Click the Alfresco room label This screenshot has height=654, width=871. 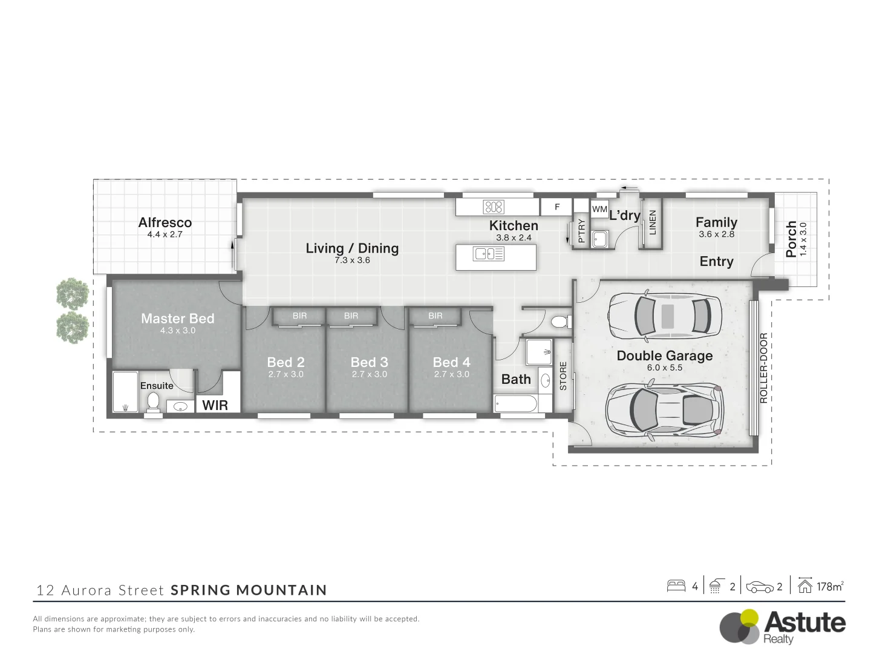tap(165, 223)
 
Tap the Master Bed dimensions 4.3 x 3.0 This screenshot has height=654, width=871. tap(177, 331)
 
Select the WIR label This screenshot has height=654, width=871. tap(215, 405)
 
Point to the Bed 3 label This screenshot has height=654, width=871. tap(369, 362)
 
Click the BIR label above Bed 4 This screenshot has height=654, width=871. tap(435, 315)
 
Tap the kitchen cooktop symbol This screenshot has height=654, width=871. tap(494, 207)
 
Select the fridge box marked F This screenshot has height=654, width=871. tap(557, 207)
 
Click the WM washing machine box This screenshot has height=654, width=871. tap(599, 209)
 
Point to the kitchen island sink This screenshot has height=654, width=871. tap(489, 254)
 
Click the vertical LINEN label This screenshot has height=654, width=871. tap(652, 222)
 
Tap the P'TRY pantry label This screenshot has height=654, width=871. tap(581, 230)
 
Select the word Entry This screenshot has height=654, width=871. tap(716, 262)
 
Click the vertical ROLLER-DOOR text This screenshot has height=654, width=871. tap(763, 368)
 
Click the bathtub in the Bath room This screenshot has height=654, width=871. tap(515, 403)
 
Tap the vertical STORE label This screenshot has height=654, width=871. tap(563, 375)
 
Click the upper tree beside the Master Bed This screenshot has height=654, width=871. tap(73, 294)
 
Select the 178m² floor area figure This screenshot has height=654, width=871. tap(829, 586)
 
